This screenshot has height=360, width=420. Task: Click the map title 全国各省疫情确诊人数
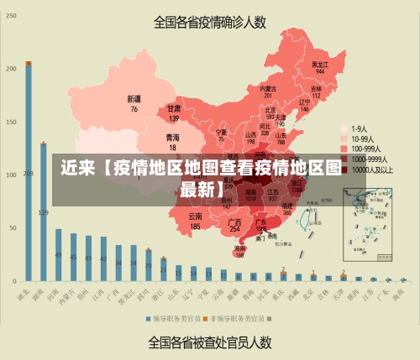[x=210, y=22]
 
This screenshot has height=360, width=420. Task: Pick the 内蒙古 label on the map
[x=268, y=88]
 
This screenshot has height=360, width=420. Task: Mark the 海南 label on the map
[x=240, y=248]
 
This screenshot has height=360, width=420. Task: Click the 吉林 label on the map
[x=317, y=88]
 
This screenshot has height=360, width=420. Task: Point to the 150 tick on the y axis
[x=11, y=122]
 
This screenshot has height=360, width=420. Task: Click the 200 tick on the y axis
[x=11, y=68]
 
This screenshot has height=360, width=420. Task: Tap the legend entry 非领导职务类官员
[x=237, y=318]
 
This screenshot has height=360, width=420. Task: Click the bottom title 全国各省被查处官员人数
[x=210, y=342]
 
